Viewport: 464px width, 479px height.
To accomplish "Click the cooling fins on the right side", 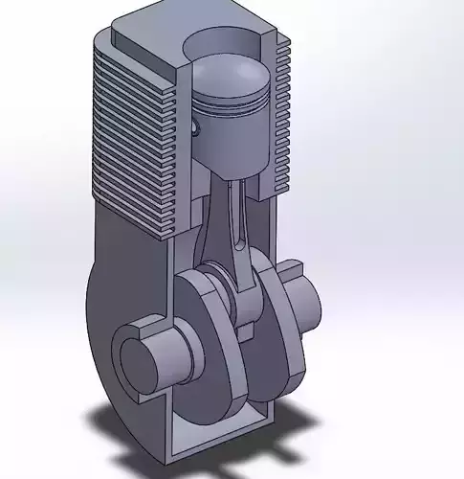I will [280, 115].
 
